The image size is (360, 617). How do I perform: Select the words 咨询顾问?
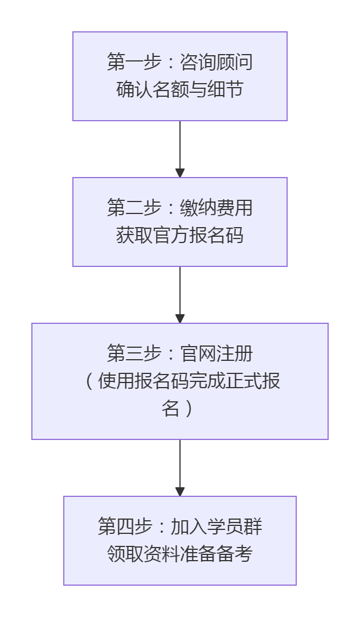216,62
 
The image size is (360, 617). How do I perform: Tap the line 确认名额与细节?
180,90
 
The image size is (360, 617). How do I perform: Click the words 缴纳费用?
216,208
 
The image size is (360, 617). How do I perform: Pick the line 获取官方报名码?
180,236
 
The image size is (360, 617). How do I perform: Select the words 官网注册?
216,353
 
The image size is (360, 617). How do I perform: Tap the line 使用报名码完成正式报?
189,381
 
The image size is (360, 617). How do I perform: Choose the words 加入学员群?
216,526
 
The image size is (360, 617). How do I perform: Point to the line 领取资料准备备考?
180,554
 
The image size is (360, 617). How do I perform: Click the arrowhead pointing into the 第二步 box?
180,173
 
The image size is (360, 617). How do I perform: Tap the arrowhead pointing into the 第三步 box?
180,319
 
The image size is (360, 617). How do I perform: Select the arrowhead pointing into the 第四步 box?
180,492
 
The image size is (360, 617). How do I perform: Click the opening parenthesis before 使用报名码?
89,381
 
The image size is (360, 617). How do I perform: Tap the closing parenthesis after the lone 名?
189,409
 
